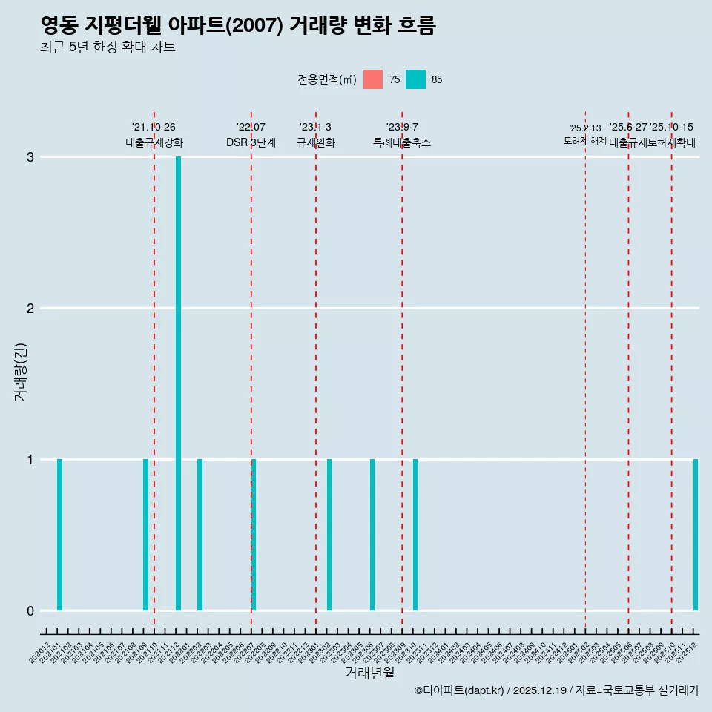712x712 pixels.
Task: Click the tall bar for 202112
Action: [x=178, y=383]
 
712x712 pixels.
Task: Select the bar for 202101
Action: [x=59, y=535]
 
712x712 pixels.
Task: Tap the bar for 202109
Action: [x=145, y=535]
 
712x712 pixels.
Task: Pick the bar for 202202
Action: [x=200, y=535]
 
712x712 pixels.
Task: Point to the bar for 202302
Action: [x=329, y=535]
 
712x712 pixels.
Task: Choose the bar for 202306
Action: [x=372, y=535]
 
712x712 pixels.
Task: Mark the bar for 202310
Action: [x=415, y=535]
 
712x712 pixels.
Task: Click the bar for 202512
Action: [x=696, y=535]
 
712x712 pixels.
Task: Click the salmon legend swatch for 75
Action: [x=373, y=79]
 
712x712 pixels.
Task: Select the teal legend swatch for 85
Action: [x=415, y=79]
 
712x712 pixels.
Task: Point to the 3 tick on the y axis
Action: [x=30, y=157]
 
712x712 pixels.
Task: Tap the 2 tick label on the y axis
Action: [x=30, y=309]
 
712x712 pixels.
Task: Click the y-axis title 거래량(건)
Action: [x=20, y=372]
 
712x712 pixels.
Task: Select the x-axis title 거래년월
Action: [x=369, y=673]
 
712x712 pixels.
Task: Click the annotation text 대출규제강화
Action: [x=154, y=142]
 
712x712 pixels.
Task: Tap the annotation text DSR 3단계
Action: [x=251, y=142]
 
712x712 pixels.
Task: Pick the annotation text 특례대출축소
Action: [x=401, y=142]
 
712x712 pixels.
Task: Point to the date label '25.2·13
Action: [x=585, y=128]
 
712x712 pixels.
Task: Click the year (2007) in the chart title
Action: [x=254, y=26]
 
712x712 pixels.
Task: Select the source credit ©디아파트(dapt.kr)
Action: [x=459, y=691]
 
